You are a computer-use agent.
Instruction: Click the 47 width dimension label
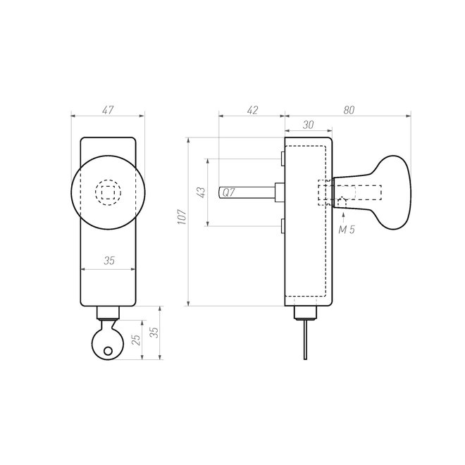108,110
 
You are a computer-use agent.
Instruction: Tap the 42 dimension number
252,110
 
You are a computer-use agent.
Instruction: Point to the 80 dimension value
348,110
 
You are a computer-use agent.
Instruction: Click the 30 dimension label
307,124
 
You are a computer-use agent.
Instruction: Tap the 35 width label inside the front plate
108,261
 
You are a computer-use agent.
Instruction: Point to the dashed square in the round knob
108,191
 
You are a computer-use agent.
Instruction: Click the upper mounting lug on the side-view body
281,157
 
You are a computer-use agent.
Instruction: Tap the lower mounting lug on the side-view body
281,226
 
